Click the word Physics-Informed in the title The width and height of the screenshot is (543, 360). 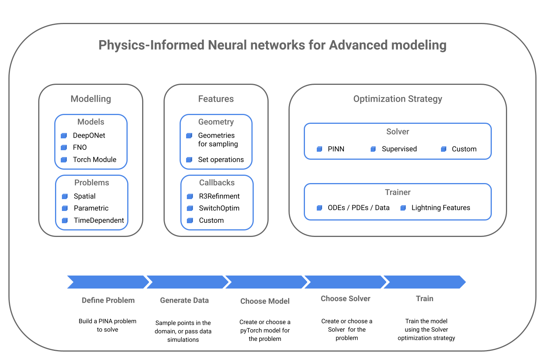[x=151, y=45]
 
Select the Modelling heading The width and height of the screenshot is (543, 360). [x=91, y=99]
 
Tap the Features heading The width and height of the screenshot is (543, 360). [x=216, y=99]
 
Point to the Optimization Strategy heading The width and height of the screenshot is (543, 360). [x=397, y=99]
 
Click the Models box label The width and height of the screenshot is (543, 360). [x=91, y=122]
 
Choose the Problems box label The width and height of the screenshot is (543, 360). [x=92, y=183]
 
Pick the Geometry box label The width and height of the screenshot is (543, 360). [x=216, y=122]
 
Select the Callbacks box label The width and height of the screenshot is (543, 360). [x=217, y=183]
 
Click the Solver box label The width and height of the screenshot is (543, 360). [x=397, y=131]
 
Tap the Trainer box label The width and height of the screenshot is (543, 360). [x=397, y=192]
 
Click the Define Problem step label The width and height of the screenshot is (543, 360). [x=108, y=300]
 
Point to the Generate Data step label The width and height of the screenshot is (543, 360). [x=184, y=300]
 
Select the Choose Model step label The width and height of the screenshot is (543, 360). [x=265, y=301]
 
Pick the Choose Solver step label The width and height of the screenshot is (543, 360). [x=345, y=299]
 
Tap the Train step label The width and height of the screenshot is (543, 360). [x=425, y=299]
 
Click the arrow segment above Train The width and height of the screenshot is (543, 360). [x=425, y=282]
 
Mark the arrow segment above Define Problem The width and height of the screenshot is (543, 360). [x=107, y=282]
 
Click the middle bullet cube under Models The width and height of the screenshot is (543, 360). [x=64, y=148]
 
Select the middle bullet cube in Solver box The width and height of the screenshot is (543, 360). [x=373, y=149]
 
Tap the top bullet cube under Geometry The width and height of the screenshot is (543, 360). [x=189, y=136]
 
